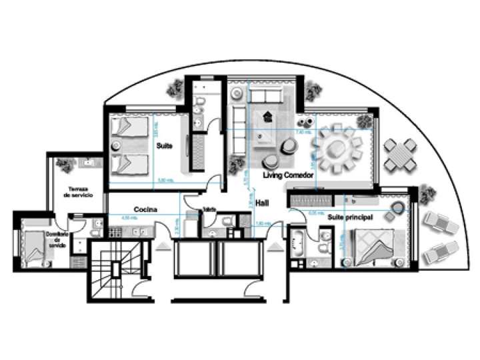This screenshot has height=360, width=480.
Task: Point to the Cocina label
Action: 145,209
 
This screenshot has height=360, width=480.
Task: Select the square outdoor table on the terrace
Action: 402,155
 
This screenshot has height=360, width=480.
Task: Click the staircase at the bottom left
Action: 116,268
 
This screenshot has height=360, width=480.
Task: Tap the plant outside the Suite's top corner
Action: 176,87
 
